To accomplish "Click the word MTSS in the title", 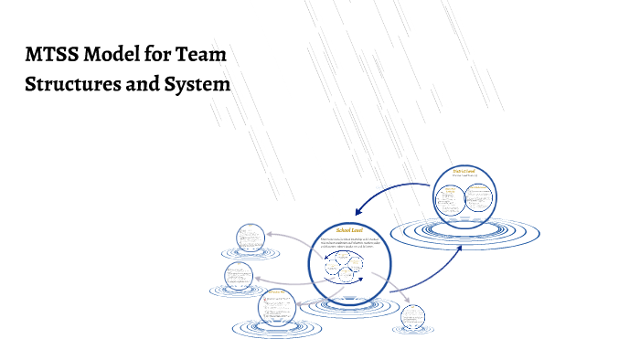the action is (x=50, y=55).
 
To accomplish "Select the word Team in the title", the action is (x=202, y=55).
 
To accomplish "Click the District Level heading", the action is (x=464, y=172).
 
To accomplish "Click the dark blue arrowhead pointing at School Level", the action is (x=358, y=209).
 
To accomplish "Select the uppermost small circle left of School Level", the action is (x=250, y=238).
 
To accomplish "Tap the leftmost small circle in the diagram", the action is (x=239, y=276).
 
